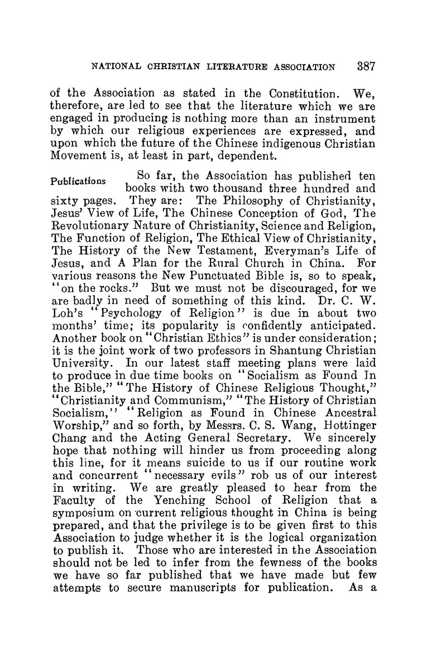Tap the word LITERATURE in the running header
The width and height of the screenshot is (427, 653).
tap(232, 68)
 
